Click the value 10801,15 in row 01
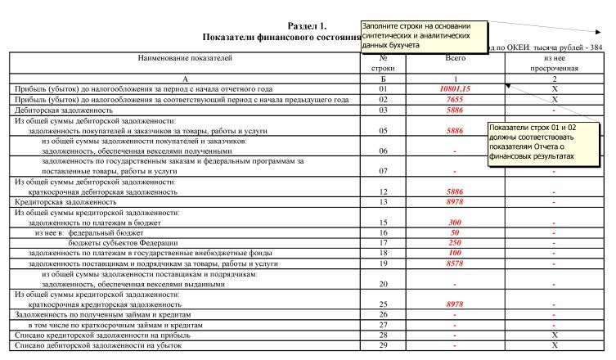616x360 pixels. coord(455,88)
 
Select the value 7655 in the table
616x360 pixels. coord(455,99)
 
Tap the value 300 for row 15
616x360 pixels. coord(455,223)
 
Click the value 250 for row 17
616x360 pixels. coord(455,243)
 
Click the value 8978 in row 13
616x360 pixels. coord(455,201)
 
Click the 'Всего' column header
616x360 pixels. coord(455,58)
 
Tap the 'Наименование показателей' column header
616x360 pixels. coord(185,58)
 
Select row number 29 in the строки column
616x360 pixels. coord(383,345)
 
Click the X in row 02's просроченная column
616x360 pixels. coord(555,99)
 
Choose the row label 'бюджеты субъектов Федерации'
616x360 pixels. coord(123,243)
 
